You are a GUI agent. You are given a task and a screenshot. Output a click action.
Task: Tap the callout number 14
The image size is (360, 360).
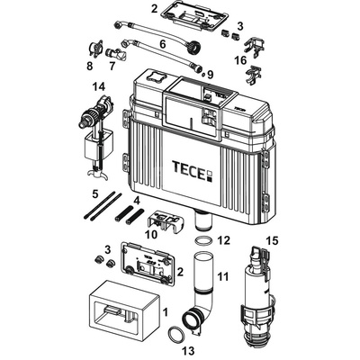(98, 86)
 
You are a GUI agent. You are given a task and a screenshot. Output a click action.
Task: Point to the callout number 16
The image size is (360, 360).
(239, 60)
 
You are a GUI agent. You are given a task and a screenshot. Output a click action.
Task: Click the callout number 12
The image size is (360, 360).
(224, 240)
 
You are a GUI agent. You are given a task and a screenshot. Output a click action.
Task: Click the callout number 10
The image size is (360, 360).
(150, 234)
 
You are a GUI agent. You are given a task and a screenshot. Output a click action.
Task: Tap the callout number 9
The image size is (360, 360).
(210, 75)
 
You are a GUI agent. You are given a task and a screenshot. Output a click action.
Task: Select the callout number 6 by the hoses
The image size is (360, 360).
(162, 44)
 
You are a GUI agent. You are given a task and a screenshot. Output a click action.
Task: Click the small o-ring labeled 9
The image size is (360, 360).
(203, 74)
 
